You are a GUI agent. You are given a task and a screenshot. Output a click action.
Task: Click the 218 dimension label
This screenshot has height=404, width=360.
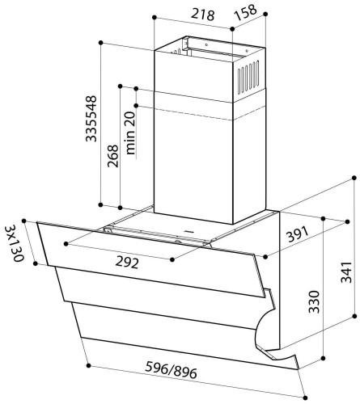[x=203, y=15]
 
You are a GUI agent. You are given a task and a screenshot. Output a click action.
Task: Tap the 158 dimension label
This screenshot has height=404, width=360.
[x=246, y=12]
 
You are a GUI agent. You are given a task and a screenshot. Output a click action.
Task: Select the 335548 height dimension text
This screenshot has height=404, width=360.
[x=91, y=119]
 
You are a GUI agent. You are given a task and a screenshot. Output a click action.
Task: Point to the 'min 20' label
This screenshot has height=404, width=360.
[x=130, y=133]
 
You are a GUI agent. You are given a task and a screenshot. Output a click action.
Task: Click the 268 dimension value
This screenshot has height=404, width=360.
[x=112, y=156]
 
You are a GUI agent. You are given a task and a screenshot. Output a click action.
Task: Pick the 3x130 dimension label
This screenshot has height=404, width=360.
[x=15, y=243]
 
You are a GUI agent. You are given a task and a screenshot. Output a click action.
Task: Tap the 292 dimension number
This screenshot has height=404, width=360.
[x=127, y=263]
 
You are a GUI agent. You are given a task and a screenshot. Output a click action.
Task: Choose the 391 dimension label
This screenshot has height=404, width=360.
[x=297, y=234]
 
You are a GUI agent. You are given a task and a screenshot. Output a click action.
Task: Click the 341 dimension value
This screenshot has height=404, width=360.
[x=346, y=272]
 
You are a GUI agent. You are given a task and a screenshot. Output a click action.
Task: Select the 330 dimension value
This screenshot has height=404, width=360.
[x=314, y=301]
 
